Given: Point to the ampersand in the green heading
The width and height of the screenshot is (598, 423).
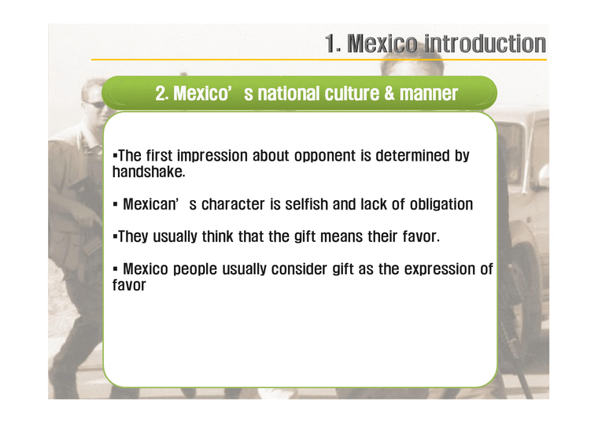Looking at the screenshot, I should (x=389, y=94).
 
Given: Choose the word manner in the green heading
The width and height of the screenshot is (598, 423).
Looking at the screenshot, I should (x=428, y=94).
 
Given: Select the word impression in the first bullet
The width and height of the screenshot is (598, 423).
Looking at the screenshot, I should (x=213, y=155).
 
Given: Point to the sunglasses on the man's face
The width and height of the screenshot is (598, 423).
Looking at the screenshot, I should (x=94, y=104).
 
